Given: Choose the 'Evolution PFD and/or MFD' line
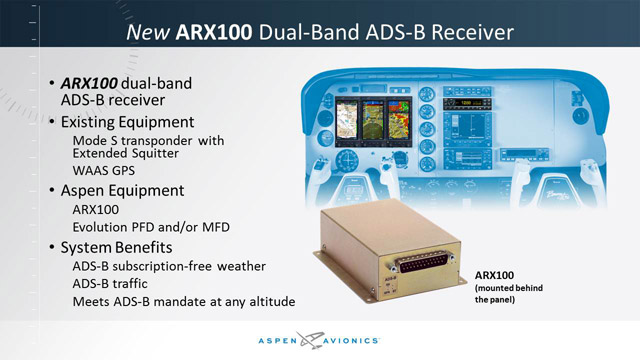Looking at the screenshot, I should click(x=151, y=227).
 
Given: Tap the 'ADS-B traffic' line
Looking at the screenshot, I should click(x=117, y=284).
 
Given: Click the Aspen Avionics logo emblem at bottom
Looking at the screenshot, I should click(x=323, y=339).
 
